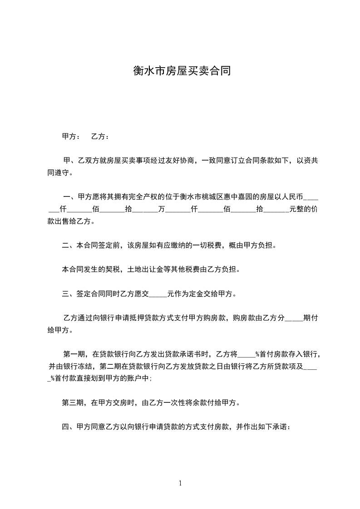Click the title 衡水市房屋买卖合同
[180, 71]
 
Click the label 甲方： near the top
[71, 136]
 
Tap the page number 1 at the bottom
[180, 483]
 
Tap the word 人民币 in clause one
[291, 197]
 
